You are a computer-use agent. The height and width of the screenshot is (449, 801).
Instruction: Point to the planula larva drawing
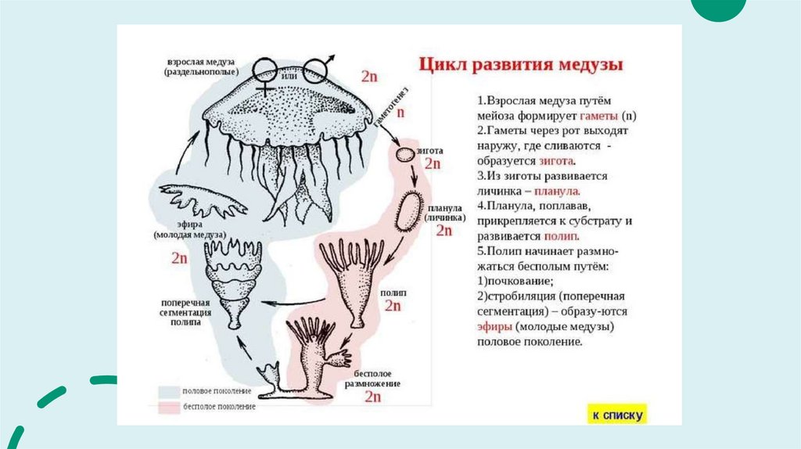point(410,210)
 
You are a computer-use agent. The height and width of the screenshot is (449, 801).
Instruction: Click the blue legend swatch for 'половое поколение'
point(169,390)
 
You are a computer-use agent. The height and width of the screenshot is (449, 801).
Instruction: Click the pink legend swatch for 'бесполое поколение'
point(169,407)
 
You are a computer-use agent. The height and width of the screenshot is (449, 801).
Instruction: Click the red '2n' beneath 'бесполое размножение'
point(372,397)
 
